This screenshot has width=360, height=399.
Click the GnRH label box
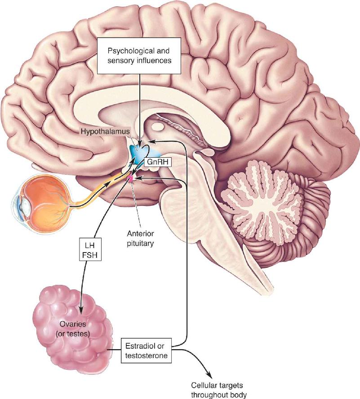(x=158, y=162)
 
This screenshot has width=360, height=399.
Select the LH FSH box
(x=90, y=249)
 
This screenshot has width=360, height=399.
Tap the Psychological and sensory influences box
(x=139, y=56)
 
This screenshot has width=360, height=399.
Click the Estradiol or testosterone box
(x=146, y=350)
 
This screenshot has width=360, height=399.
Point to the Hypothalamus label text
(x=105, y=132)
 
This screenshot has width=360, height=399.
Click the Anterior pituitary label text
(x=140, y=239)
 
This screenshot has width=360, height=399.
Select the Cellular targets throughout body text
(x=219, y=390)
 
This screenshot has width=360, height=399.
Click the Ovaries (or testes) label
(x=73, y=329)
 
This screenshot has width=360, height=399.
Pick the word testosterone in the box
(x=146, y=355)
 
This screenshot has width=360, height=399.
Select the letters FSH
(x=90, y=255)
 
